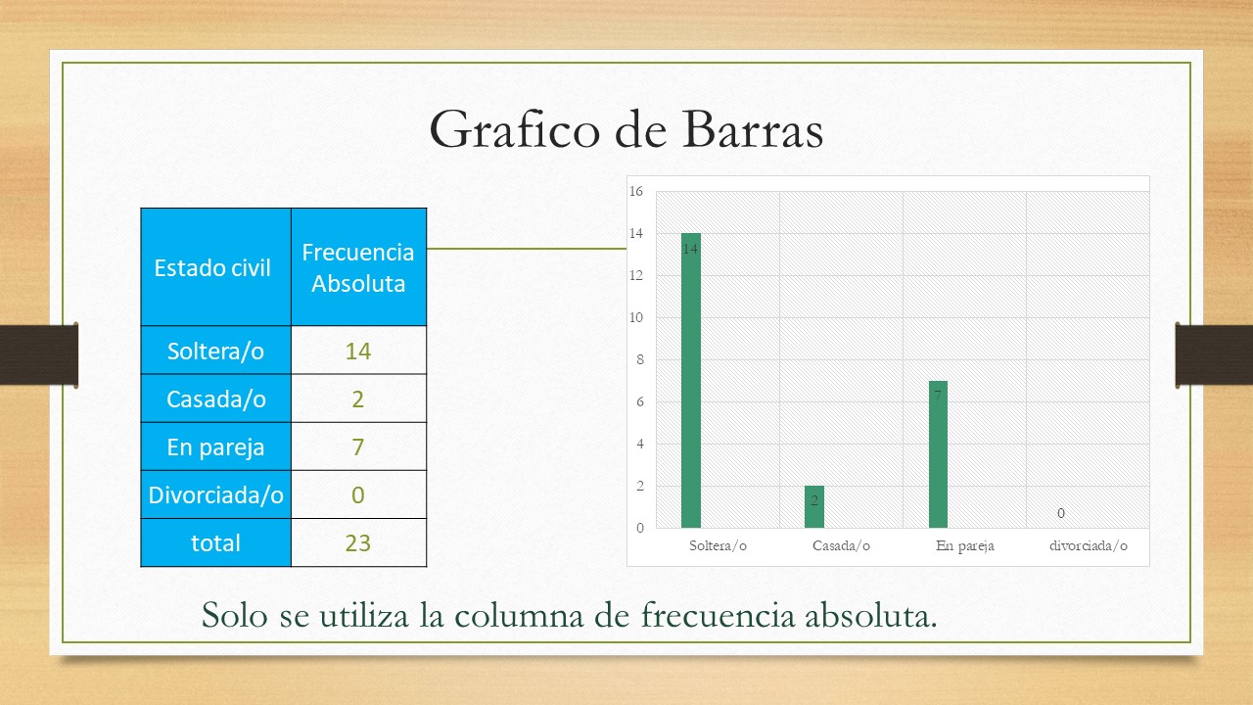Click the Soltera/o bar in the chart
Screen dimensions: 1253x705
tap(691, 381)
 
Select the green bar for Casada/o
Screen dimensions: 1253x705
tap(814, 506)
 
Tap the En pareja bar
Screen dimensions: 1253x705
tap(938, 454)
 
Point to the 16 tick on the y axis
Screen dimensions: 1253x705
tap(636, 191)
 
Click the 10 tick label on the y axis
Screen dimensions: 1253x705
tap(636, 318)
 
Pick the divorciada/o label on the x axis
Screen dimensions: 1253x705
tap(1088, 545)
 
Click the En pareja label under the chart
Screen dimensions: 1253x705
tap(965, 546)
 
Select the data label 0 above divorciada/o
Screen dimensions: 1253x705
tap(1060, 513)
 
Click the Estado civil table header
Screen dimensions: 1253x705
tap(212, 268)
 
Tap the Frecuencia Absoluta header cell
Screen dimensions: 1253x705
tap(358, 268)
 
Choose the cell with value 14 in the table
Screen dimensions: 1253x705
tap(358, 351)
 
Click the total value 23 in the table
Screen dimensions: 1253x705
tap(358, 542)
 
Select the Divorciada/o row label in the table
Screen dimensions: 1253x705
tap(216, 495)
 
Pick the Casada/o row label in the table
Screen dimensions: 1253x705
tap(216, 399)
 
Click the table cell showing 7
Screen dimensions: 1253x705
tap(358, 446)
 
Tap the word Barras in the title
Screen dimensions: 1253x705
tap(753, 130)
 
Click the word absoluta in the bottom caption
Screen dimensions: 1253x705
tap(870, 616)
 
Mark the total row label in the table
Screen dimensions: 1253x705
tap(216, 543)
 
